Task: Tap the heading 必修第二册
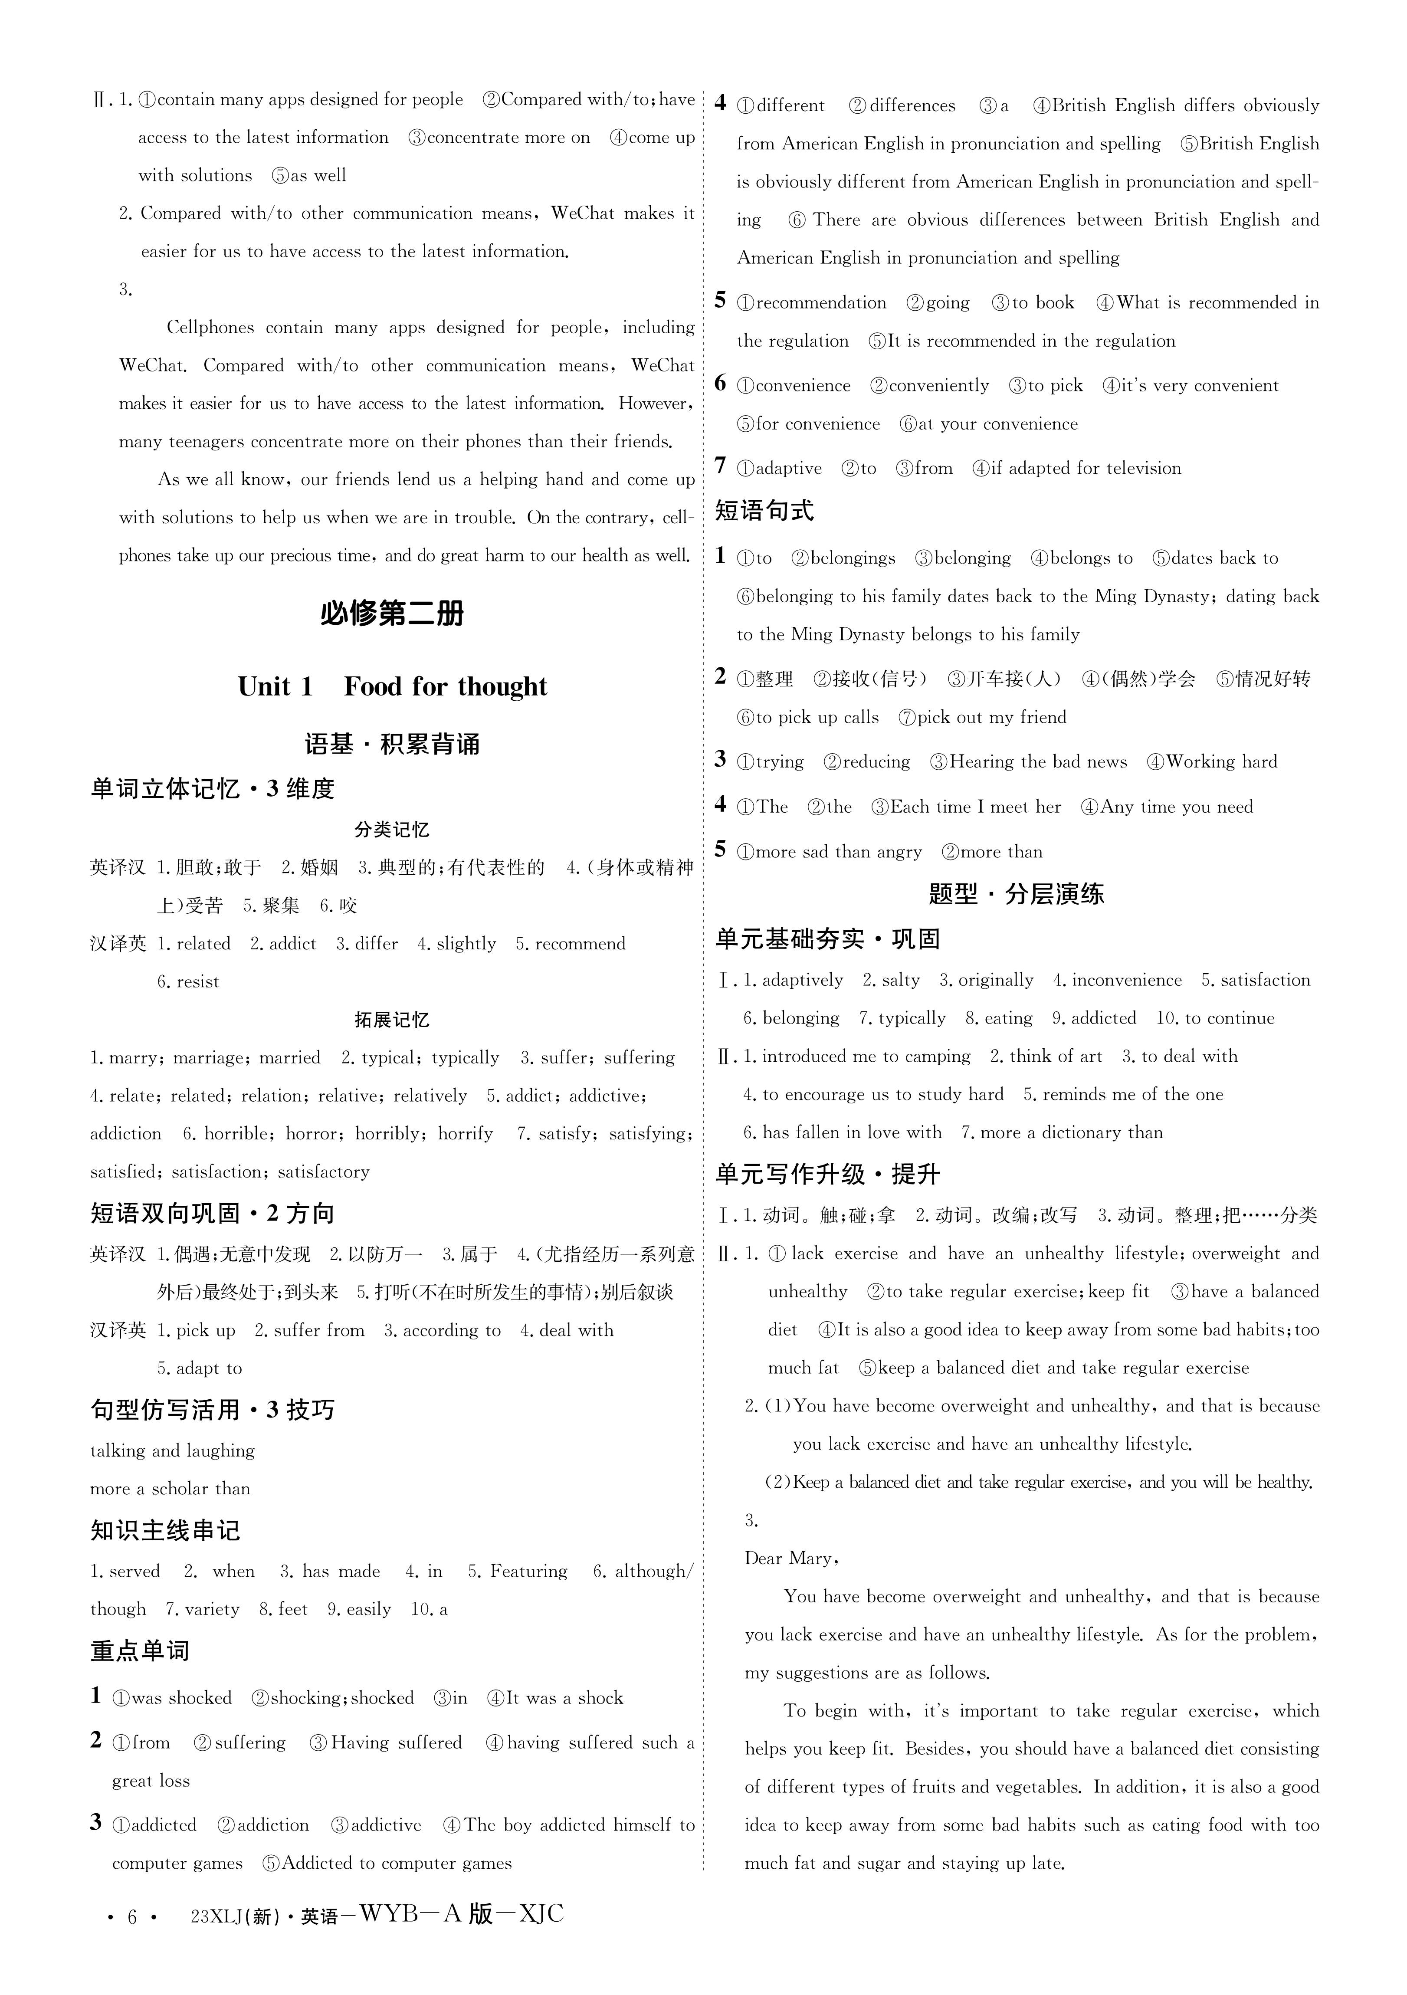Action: (x=392, y=614)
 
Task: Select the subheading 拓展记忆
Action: (x=392, y=1019)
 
